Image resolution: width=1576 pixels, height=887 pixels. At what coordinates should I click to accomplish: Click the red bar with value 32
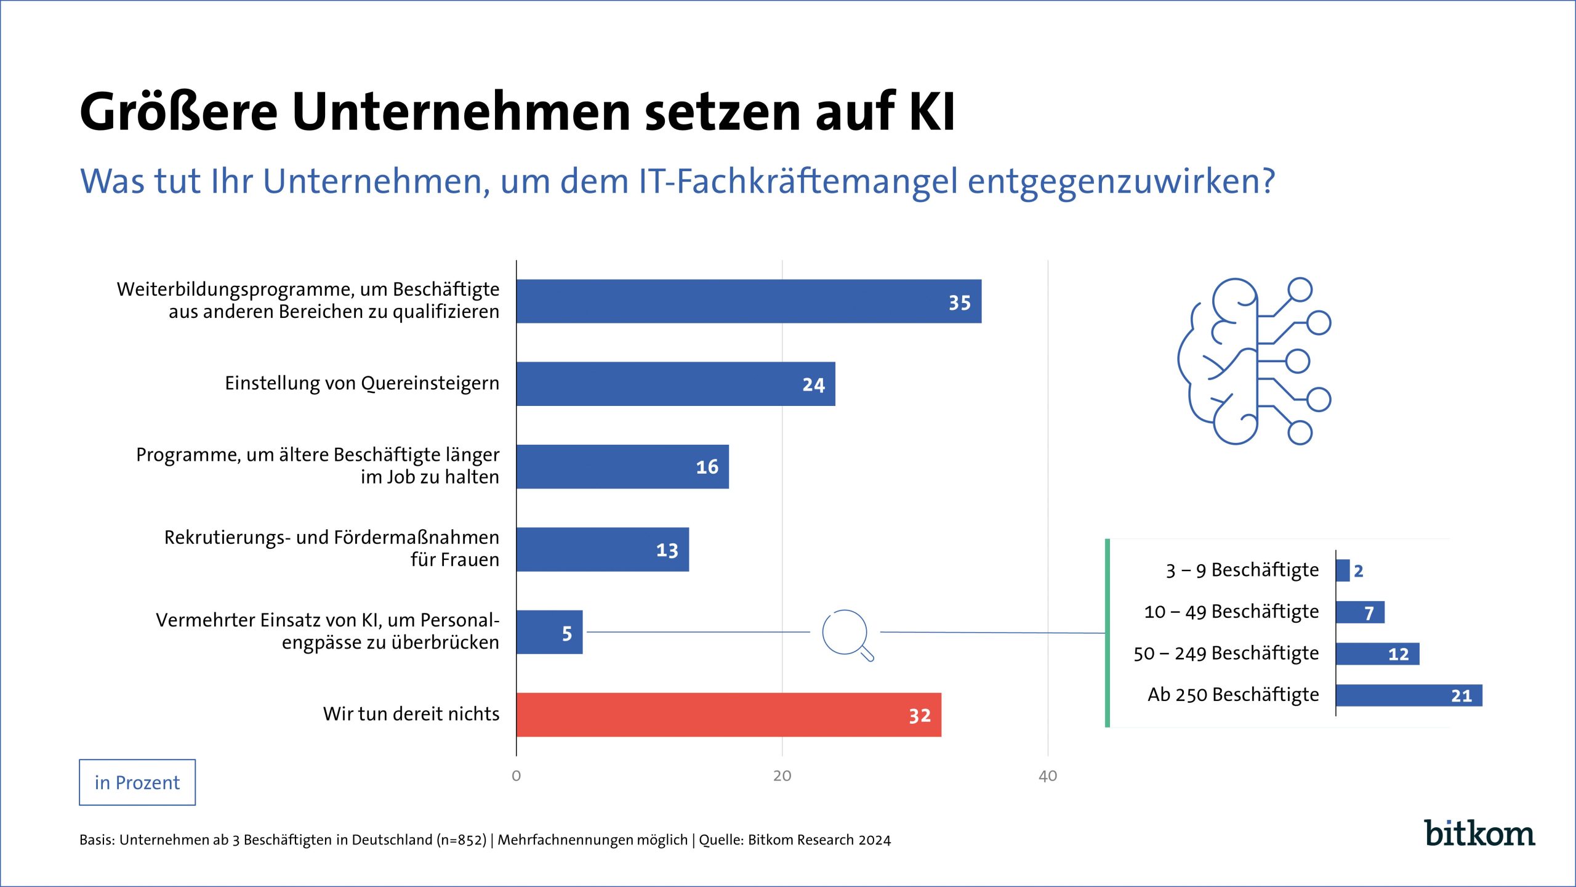[x=728, y=715]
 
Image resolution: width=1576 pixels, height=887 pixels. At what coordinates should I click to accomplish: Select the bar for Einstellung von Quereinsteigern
[x=675, y=384]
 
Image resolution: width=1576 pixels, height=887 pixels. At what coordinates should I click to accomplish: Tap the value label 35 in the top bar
[x=959, y=302]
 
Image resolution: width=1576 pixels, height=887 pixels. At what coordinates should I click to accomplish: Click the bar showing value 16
[x=622, y=467]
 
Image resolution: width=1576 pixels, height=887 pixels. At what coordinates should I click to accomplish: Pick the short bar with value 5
[x=549, y=632]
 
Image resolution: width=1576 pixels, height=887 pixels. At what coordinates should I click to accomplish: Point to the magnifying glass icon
[x=846, y=634]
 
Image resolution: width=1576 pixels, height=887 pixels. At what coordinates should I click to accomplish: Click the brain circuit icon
[x=1253, y=361]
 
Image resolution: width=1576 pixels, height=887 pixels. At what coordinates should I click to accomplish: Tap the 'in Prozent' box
[x=137, y=782]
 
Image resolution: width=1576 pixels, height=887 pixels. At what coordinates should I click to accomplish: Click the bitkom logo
[x=1479, y=833]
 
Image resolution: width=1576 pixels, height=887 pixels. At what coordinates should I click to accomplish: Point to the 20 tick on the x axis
[x=782, y=776]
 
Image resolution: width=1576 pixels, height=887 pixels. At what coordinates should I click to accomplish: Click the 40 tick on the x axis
[x=1048, y=776]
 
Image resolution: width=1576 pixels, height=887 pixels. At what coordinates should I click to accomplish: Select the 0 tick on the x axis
[x=516, y=776]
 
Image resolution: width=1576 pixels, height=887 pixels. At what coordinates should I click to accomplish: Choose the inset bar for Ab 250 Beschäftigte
[x=1409, y=695]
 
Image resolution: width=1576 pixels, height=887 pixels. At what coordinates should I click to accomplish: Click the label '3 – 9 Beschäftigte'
[x=1242, y=570]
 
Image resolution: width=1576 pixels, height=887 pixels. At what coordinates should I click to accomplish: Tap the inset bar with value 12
[x=1377, y=654]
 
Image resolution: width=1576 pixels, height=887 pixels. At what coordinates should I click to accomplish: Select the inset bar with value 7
[x=1360, y=612]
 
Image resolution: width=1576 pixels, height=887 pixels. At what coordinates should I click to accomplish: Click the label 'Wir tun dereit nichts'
[x=411, y=714]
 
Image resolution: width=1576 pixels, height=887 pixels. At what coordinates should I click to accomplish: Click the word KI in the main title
[x=931, y=112]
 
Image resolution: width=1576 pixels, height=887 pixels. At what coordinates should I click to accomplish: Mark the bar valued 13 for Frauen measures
[x=602, y=549]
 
